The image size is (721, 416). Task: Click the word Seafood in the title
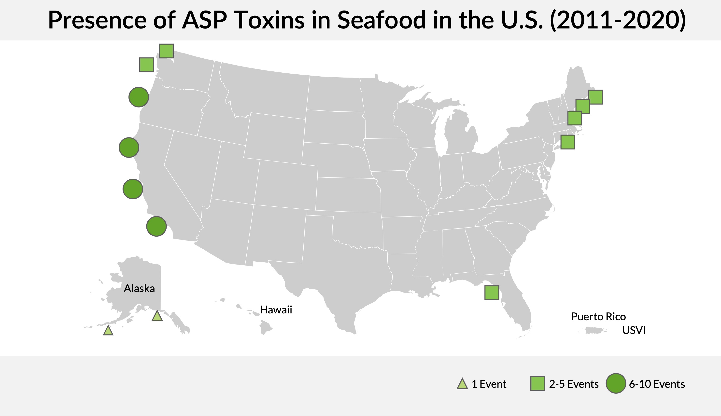(382, 20)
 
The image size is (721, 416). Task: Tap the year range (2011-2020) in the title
(618, 20)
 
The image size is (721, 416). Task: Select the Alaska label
(139, 289)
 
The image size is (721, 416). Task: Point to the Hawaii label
(276, 310)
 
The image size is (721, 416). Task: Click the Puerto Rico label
(598, 317)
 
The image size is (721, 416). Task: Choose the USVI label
(634, 330)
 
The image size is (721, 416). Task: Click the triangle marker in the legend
(462, 384)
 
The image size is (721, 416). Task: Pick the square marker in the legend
(537, 383)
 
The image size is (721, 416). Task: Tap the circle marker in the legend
(616, 383)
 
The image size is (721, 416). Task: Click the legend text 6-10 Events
(657, 384)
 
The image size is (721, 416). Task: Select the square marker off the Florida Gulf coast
(492, 293)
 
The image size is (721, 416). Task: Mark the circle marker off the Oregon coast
(139, 97)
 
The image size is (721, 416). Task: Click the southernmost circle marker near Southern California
(156, 226)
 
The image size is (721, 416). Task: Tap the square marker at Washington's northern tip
(166, 51)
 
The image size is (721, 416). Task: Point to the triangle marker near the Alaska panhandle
(157, 316)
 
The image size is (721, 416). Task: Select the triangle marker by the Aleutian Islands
(108, 331)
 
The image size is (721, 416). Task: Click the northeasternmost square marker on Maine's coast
(596, 97)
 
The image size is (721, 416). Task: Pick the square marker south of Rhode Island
(568, 142)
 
